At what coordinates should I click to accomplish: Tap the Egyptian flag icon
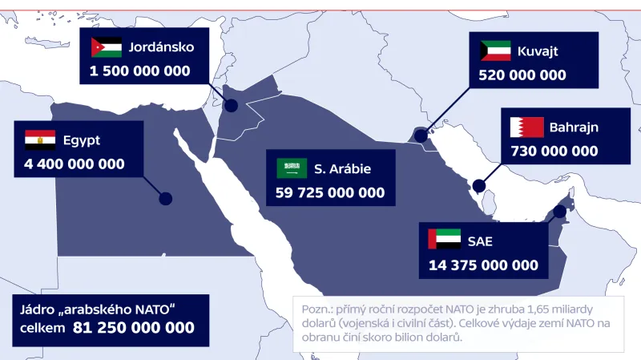[40, 140]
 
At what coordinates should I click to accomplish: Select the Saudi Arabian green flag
[292, 168]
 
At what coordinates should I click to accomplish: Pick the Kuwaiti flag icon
[495, 51]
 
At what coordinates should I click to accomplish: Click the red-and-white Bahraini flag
[526, 127]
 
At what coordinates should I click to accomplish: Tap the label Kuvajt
[538, 51]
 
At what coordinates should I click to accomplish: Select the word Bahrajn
[574, 127]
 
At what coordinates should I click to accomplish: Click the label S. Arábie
[342, 168]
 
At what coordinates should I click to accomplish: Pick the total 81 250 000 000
[134, 328]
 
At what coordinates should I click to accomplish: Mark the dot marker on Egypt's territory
[166, 199]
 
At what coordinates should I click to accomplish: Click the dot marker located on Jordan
[231, 105]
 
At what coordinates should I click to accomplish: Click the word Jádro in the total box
[40, 309]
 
